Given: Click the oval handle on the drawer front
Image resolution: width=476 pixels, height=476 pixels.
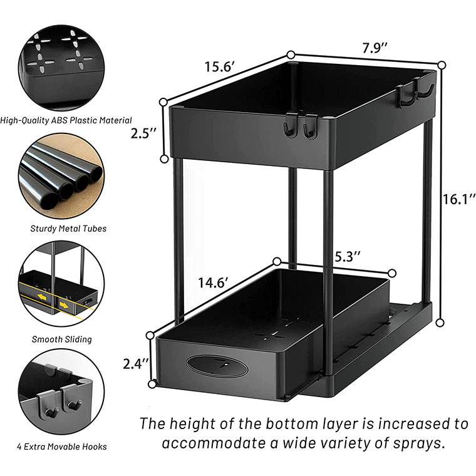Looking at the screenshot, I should (218, 366).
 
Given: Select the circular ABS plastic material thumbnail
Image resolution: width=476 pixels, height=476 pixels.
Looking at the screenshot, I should (61, 65).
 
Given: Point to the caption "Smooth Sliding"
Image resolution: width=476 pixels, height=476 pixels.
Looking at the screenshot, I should (61, 339).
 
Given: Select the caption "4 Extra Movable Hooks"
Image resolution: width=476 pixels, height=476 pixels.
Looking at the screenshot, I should (62, 447).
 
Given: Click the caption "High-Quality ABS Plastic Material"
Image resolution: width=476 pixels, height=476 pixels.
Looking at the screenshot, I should (66, 120).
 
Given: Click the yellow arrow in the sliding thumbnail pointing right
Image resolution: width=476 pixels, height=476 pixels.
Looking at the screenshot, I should (66, 306).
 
